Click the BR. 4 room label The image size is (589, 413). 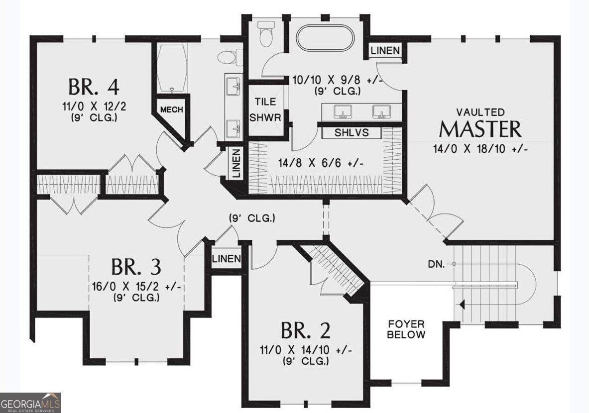pyautogui.click(x=94, y=87)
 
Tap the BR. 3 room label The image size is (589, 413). pyautogui.click(x=136, y=267)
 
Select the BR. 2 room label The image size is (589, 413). pyautogui.click(x=306, y=330)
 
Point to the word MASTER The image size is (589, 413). pyautogui.click(x=480, y=129)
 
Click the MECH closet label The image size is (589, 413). pyautogui.click(x=172, y=109)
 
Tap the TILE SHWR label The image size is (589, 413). pyautogui.click(x=265, y=109)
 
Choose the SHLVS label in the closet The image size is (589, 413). pyautogui.click(x=352, y=132)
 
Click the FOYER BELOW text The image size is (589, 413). pyautogui.click(x=406, y=329)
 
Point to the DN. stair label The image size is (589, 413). pyautogui.click(x=437, y=264)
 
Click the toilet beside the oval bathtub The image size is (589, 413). pyautogui.click(x=266, y=34)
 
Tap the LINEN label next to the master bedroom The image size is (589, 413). pyautogui.click(x=385, y=50)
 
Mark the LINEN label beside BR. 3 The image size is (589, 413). pyautogui.click(x=226, y=259)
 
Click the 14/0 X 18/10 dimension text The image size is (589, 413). pyautogui.click(x=480, y=149)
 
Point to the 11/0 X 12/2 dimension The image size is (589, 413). pyautogui.click(x=94, y=106)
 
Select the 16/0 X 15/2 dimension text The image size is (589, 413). pyautogui.click(x=137, y=287)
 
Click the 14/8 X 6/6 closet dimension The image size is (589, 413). pyautogui.click(x=321, y=163)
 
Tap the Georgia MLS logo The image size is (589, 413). pyautogui.click(x=30, y=403)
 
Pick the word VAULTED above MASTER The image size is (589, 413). pyautogui.click(x=480, y=112)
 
